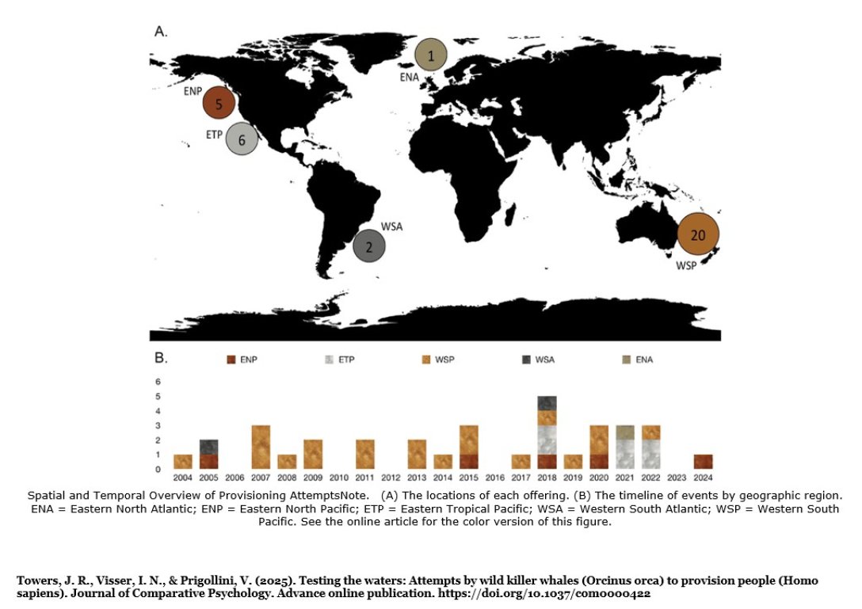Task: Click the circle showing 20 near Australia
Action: pos(698,234)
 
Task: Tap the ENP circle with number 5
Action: pos(219,104)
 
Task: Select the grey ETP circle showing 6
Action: pos(242,139)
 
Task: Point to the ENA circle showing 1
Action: pos(431,55)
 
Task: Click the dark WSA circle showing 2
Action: pos(369,246)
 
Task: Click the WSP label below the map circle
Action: pos(686,265)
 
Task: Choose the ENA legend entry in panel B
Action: pos(637,360)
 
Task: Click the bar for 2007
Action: pos(261,447)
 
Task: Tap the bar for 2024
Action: pos(703,461)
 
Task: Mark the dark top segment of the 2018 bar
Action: pos(547,403)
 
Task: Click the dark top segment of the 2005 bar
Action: pos(208,447)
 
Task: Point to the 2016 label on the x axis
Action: pos(494,478)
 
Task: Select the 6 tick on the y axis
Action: pos(158,381)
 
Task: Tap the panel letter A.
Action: pos(160,32)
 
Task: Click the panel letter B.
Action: pos(160,358)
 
